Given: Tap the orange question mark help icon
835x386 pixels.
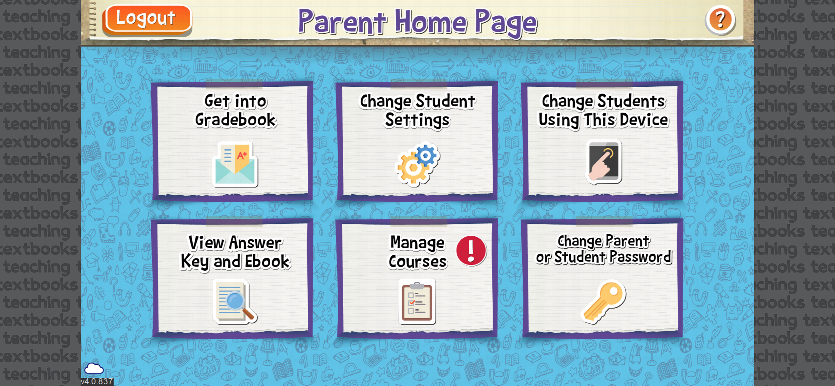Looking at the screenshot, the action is tap(720, 20).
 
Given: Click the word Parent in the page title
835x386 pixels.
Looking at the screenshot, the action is tap(342, 22).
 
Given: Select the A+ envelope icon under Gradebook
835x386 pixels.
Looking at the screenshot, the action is tap(235, 164).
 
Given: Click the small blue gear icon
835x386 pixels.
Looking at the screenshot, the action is tap(425, 156).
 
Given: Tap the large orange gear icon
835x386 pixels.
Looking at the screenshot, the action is tap(413, 168).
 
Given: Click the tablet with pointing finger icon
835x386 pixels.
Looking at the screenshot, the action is tap(603, 162).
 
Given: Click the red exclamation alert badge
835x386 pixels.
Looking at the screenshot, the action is tap(471, 251).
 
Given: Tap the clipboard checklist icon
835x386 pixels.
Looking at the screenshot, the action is tap(417, 302).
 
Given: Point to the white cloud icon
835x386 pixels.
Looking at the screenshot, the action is tap(94, 369).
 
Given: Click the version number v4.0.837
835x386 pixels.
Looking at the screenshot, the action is tap(97, 381).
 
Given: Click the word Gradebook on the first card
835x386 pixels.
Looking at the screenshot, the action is tap(235, 120).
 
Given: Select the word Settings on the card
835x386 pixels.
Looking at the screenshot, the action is tap(417, 120).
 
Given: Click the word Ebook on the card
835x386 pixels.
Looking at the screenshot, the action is tap(267, 261).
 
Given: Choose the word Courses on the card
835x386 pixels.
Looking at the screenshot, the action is tap(417, 262).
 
